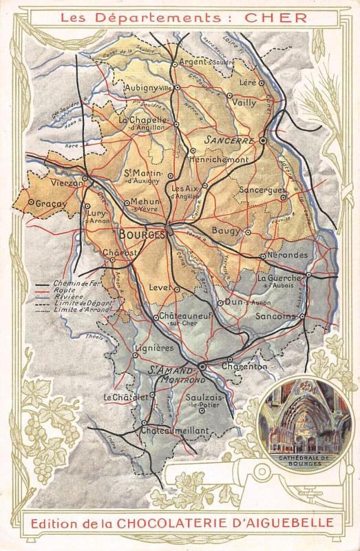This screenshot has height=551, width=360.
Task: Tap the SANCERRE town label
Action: coord(230,141)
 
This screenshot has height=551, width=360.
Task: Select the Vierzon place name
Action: coord(67,184)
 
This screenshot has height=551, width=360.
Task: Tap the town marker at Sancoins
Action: coord(301,317)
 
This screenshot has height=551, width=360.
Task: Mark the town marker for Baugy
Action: coord(248,232)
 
